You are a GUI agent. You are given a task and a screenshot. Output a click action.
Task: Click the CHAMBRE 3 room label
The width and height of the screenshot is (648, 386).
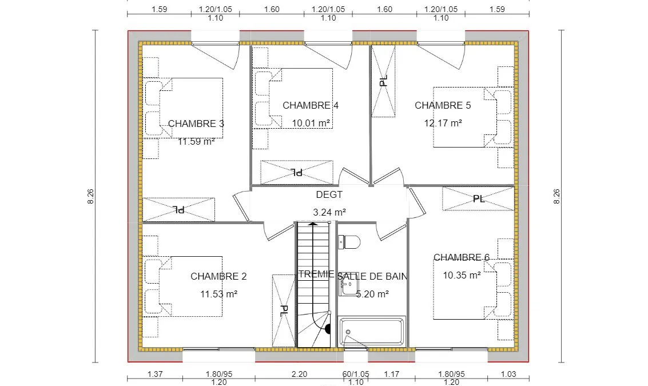pos(196,124)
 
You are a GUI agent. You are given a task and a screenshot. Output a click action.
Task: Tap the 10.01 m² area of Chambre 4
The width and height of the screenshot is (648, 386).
pos(311,123)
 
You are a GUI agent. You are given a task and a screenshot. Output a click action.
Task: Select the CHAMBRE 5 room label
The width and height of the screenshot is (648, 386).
pos(443,105)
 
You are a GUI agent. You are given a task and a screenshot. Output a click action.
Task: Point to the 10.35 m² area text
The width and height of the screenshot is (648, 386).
pos(462,275)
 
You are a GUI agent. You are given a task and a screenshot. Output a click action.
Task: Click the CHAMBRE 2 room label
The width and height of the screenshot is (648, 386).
pos(218,276)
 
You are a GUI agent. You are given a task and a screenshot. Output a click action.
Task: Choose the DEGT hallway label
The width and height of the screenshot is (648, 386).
pos(329,194)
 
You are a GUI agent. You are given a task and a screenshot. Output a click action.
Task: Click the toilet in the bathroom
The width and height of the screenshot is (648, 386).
pos(349,242)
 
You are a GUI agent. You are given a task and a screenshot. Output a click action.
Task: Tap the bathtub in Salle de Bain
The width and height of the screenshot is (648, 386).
pos(372,332)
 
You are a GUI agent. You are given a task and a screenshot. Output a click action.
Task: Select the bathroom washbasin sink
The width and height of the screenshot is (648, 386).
pos(348,285)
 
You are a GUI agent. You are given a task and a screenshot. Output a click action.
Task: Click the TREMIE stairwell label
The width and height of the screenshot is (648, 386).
pos(316,274)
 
